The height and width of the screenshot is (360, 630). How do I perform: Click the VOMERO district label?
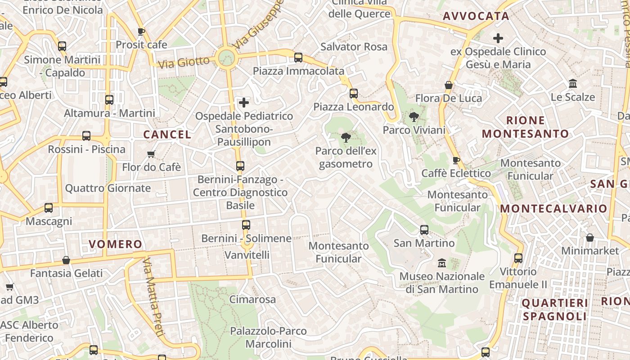point(115,244)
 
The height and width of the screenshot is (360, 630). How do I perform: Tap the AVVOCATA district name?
point(476,16)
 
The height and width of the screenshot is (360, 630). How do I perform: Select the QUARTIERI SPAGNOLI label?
point(554,310)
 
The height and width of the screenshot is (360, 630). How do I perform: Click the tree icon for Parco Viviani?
point(414,117)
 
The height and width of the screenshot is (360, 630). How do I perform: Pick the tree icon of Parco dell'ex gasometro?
point(346,138)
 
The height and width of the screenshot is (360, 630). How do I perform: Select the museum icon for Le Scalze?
point(573,84)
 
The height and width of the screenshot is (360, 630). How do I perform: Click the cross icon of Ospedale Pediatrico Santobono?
point(244,103)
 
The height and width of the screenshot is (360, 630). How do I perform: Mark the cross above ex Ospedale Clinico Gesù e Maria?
point(498,38)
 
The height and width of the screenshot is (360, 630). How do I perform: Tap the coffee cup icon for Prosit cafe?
point(141,31)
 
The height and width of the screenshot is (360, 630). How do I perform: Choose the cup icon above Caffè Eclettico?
point(456,160)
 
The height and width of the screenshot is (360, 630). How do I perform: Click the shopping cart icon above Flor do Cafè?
point(151,154)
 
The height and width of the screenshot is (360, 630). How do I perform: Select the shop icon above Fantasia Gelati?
point(66,260)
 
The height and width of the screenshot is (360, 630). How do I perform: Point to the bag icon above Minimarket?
point(590,238)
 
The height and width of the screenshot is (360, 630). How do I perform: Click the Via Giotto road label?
point(184,62)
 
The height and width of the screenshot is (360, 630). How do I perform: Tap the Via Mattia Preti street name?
point(153,297)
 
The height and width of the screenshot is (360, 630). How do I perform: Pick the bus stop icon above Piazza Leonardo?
point(354,94)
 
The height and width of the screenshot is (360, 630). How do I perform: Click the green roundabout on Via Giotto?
point(226,58)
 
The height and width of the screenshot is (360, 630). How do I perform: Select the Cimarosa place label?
point(252,299)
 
